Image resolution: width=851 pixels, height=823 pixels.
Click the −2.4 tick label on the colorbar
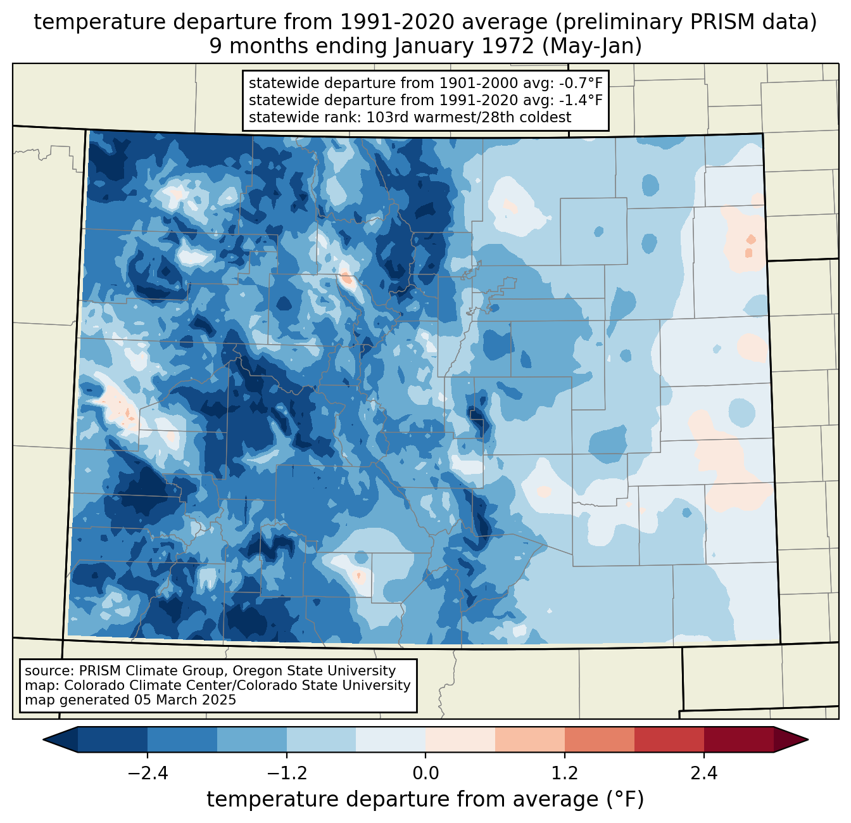tap(148, 774)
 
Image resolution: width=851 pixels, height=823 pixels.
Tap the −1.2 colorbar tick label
tap(286, 774)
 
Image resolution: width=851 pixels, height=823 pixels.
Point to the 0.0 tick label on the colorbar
tap(425, 774)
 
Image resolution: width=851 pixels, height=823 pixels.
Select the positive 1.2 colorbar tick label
tap(565, 774)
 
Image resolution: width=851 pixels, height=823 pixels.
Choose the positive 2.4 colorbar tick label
tap(703, 774)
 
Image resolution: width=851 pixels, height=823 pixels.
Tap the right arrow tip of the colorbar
tap(806, 739)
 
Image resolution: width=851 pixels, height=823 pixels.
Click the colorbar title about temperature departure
tap(425, 800)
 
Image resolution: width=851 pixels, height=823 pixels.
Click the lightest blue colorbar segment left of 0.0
tap(391, 739)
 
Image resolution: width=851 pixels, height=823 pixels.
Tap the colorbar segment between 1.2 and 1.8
tap(600, 739)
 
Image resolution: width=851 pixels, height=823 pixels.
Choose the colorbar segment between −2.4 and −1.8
tap(182, 739)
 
